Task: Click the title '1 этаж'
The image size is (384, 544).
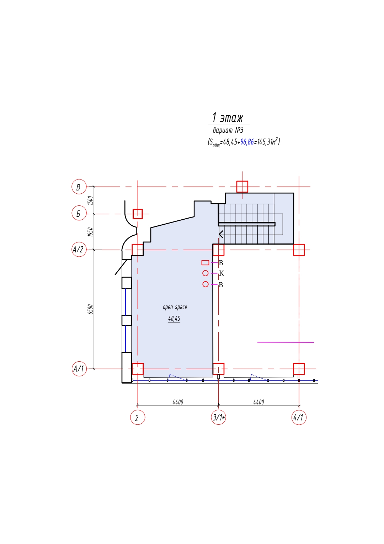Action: [228, 118]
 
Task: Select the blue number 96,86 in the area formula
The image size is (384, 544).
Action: [247, 142]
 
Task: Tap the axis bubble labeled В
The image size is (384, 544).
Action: [79, 187]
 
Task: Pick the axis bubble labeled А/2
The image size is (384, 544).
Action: [79, 250]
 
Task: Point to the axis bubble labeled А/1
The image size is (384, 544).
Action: [79, 368]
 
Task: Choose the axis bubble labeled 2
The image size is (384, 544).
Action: [138, 417]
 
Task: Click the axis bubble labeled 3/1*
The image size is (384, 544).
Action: [218, 417]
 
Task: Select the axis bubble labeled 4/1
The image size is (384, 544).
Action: [299, 417]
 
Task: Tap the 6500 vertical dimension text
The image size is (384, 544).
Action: [90, 309]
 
